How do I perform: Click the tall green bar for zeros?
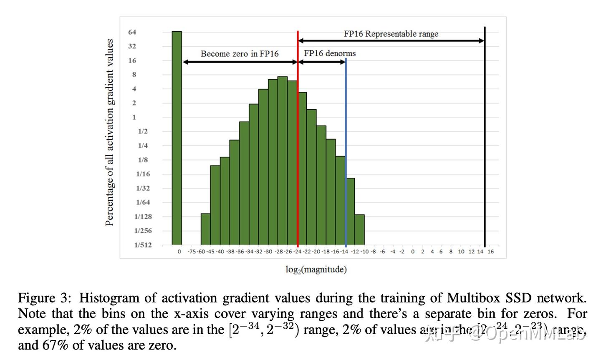[x=177, y=138]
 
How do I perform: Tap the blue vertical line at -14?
[x=346, y=167]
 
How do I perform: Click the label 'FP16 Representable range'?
[x=391, y=34]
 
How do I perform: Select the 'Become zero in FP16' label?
[x=240, y=54]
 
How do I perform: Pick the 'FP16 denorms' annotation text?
[x=330, y=53]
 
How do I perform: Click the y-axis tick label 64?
[x=132, y=32]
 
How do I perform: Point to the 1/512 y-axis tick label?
[x=143, y=245]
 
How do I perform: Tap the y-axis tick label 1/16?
[x=143, y=174]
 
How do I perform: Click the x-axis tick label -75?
[x=192, y=252]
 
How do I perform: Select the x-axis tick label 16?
[x=490, y=252]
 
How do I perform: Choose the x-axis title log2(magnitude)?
[x=316, y=269]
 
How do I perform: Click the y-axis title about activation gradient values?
[x=109, y=132]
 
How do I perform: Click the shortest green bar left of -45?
[x=205, y=229]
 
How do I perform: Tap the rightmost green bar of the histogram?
[x=360, y=229]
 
